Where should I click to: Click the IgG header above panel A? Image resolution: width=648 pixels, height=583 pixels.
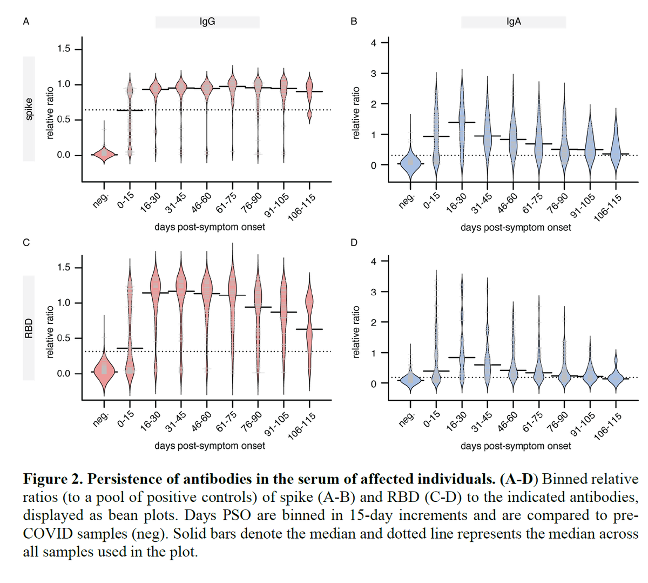[207, 22]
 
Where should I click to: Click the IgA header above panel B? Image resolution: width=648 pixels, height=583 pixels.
[514, 22]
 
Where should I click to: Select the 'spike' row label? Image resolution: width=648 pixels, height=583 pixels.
[29, 109]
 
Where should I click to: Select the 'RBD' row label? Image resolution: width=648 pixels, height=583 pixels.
[29, 328]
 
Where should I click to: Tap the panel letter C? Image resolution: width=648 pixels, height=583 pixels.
[26, 242]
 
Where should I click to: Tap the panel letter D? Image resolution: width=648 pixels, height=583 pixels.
[354, 242]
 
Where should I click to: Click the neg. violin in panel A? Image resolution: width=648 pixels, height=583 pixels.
[104, 154]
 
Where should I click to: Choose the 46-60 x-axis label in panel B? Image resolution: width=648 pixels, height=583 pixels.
[508, 203]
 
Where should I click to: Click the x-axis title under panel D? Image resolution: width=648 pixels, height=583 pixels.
[516, 446]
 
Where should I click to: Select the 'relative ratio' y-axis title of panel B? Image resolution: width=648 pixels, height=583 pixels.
[355, 113]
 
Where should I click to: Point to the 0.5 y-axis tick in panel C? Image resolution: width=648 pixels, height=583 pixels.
[63, 339]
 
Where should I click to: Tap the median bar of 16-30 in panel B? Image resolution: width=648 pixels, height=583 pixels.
[462, 122]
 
